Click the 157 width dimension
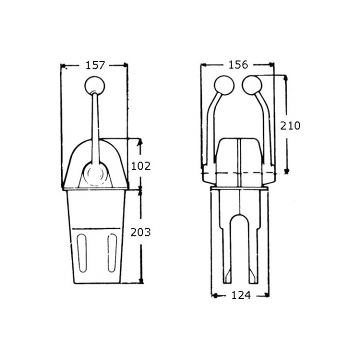click(95, 65)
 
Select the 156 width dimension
click(238, 64)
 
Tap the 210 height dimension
click(290, 125)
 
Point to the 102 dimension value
click(140, 166)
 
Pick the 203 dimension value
click(140, 232)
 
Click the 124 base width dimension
click(241, 295)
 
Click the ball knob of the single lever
click(95, 85)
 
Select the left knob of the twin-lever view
click(224, 85)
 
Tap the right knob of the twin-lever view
click(252, 85)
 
